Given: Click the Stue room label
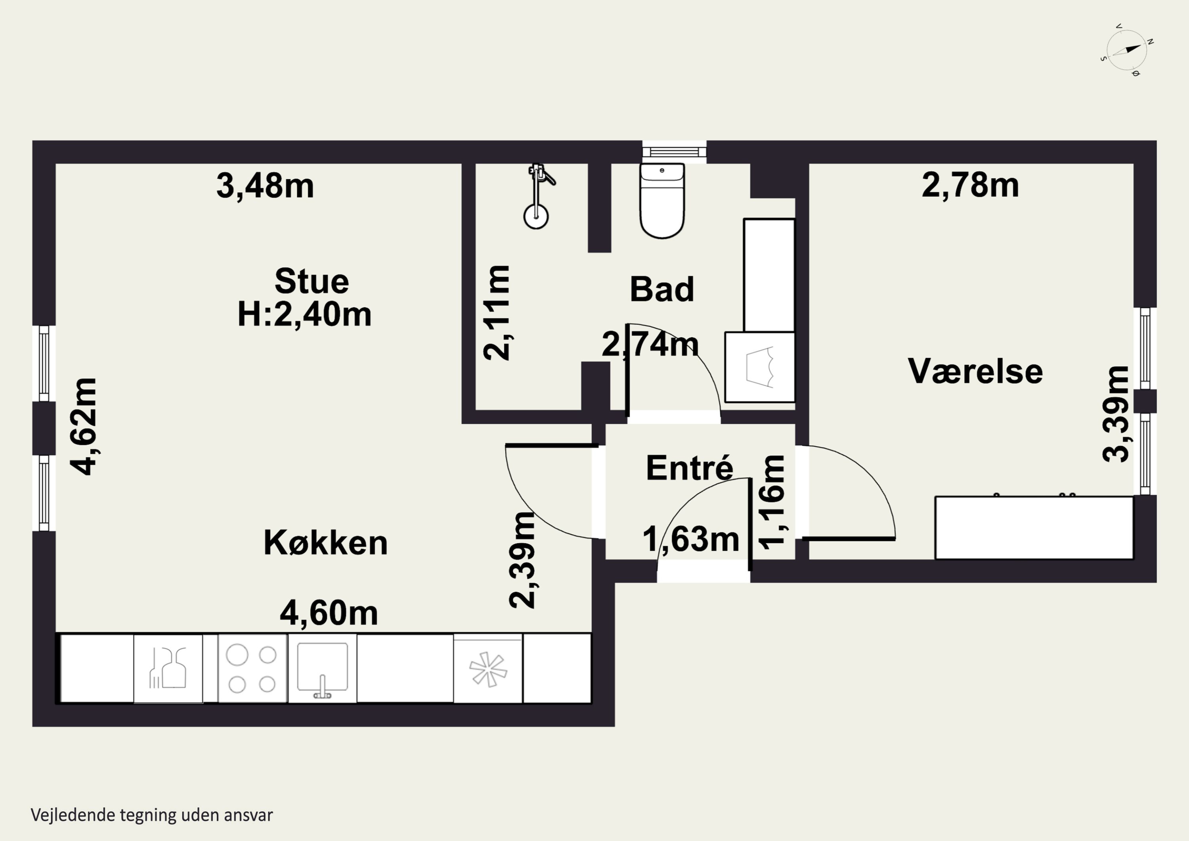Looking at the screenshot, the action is tap(312, 282).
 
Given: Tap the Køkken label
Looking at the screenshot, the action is tap(326, 543).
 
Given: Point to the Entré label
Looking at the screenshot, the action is tap(690, 467).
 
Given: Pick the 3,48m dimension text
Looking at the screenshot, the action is tap(265, 186).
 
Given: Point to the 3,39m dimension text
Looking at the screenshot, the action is tap(1115, 414).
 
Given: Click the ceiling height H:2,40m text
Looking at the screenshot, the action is tap(304, 314).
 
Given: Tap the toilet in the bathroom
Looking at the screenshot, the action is tap(662, 201).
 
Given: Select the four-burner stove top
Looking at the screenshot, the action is tap(252, 669).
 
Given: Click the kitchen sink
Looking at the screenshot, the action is tap(322, 669).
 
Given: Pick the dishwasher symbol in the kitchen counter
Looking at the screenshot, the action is tap(168, 669).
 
